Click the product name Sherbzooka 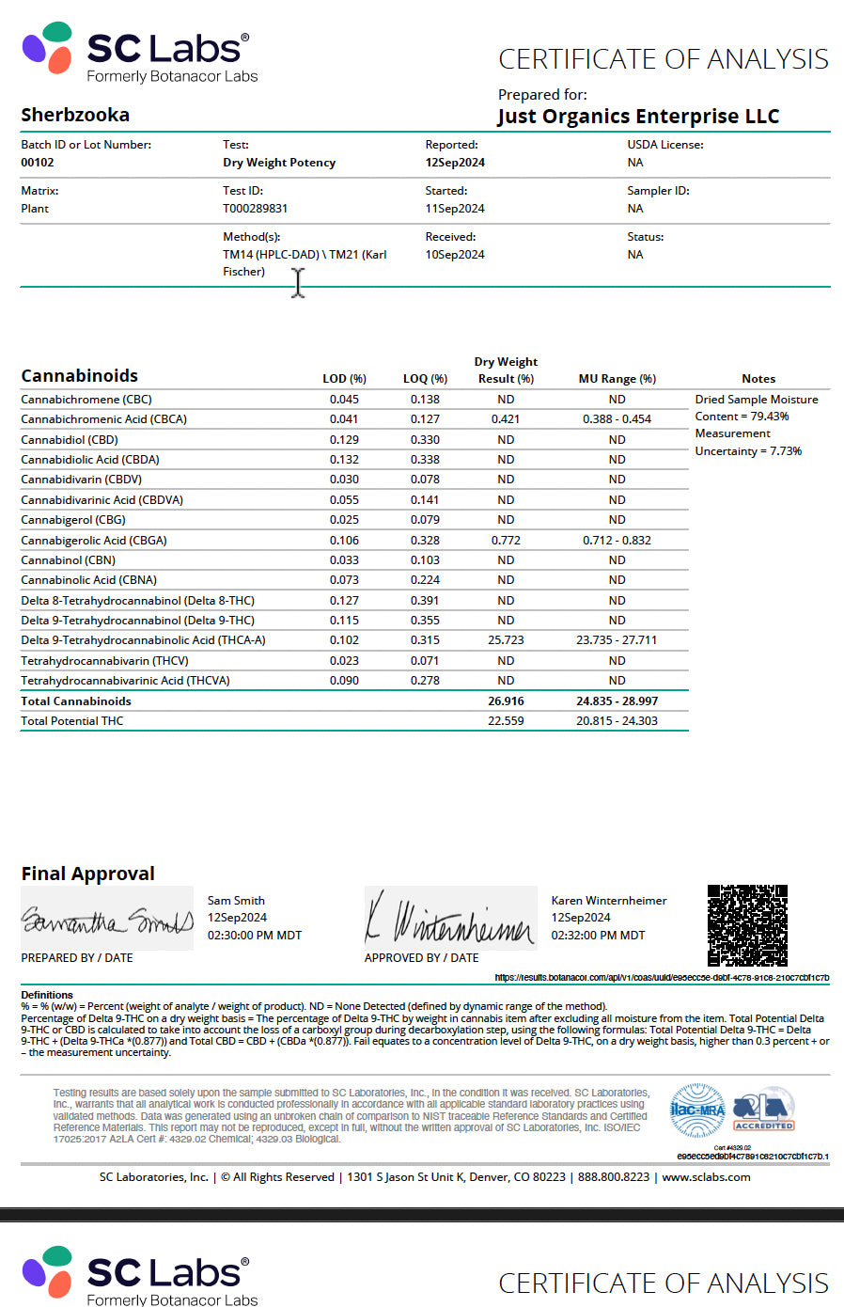[x=75, y=115]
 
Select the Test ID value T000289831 [x=255, y=209]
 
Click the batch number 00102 [x=38, y=163]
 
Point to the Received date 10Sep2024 [x=455, y=255]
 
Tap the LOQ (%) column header [x=425, y=379]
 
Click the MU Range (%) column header [x=617, y=379]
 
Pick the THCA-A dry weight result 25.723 [x=506, y=640]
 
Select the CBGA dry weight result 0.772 [x=506, y=541]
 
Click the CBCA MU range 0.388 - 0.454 [x=617, y=419]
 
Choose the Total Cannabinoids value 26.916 [x=506, y=701]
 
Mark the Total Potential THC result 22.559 [x=506, y=721]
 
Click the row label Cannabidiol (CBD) [x=70, y=440]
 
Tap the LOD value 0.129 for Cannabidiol [x=344, y=440]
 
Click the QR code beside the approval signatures [x=747, y=925]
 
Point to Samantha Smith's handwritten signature [x=106, y=921]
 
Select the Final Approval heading [x=87, y=874]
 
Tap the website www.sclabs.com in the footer [x=706, y=1177]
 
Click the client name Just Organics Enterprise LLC [x=638, y=117]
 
